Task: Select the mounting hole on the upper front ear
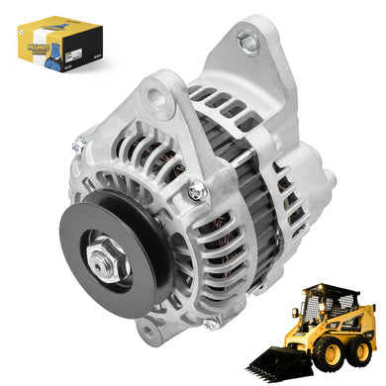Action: (x=153, y=100)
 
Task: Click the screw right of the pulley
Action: (x=197, y=191)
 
